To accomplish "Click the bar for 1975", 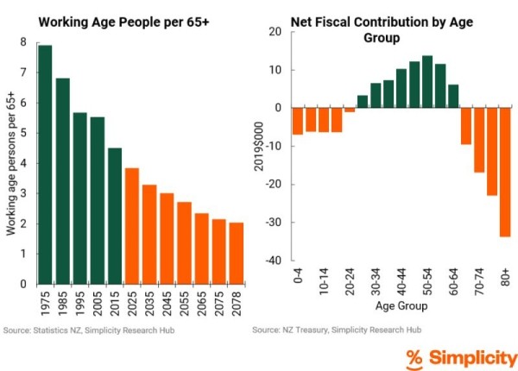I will pyautogui.click(x=45, y=164).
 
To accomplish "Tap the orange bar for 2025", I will pyautogui.click(x=131, y=225).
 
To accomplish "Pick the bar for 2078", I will pyautogui.click(x=236, y=253).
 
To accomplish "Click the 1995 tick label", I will pyautogui.click(x=80, y=301).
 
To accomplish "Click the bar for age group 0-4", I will pyautogui.click(x=298, y=121).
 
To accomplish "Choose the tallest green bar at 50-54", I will pyautogui.click(x=427, y=81).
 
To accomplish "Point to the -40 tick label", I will pyautogui.click(x=275, y=261).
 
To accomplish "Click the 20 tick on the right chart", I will pyautogui.click(x=276, y=32).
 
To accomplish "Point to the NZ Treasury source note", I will pyautogui.click(x=337, y=330).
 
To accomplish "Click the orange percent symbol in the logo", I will pyautogui.click(x=414, y=357).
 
